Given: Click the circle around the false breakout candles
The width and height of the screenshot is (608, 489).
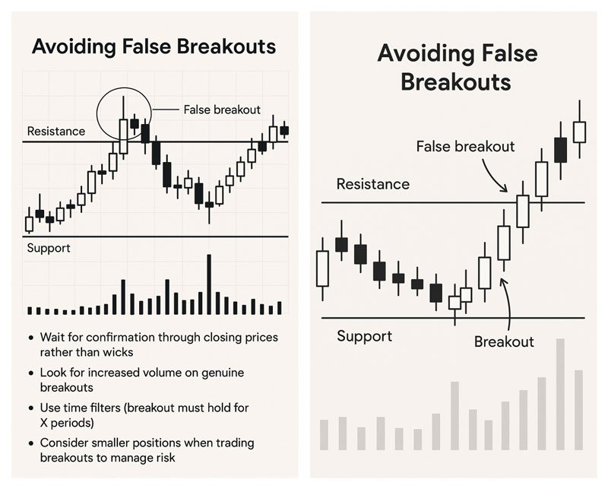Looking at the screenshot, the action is coord(97,113).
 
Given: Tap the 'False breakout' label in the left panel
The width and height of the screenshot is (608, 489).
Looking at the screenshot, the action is coord(222,110).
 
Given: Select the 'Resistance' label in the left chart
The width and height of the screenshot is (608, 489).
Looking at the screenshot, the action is coord(56,131).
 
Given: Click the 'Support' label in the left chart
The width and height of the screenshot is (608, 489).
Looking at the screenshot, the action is coord(49,248).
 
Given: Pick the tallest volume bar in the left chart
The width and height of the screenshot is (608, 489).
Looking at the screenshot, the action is coord(210,284).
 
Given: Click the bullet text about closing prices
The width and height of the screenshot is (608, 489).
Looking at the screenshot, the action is coord(159,345).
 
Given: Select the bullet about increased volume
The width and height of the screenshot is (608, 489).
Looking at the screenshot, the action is coord(142,379).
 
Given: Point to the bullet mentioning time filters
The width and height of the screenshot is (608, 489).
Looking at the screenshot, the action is coord(144,415).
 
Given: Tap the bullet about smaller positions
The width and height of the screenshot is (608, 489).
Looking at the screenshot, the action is coord(147,450).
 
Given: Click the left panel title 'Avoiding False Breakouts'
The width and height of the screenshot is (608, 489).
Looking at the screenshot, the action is coord(154,46).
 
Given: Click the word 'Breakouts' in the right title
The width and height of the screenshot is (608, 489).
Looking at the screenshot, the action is coord(455,82).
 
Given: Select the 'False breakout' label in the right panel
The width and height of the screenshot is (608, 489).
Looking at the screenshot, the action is coord(465,146).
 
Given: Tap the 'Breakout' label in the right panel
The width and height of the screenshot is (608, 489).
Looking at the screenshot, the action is coord(504,341).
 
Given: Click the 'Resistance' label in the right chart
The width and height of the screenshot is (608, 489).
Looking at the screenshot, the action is coord(373,183).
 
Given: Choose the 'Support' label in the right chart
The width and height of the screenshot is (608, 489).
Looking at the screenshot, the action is coord(365,336).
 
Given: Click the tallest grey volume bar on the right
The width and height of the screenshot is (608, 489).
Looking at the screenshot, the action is coord(560,394).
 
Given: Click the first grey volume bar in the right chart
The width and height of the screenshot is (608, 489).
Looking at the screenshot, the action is coord(325,435).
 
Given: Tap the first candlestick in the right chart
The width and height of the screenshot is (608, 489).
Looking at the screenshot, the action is coord(322,268).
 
